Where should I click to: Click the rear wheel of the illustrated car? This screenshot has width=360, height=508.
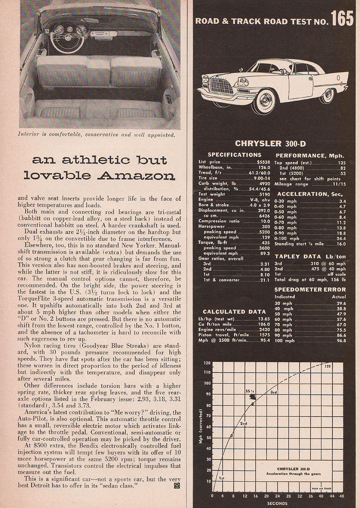[x=327, y=95]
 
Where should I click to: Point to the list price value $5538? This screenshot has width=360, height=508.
[x=263, y=162]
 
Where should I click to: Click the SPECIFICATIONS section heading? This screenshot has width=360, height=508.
[x=234, y=155]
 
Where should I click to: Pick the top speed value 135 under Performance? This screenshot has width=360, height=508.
[x=342, y=163]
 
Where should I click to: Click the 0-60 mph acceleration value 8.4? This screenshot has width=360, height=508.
[x=342, y=217]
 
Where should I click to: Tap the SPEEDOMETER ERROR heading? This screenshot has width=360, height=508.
[x=310, y=290]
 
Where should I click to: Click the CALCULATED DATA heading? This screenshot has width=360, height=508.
[x=234, y=311]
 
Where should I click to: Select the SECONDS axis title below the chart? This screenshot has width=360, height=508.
[x=277, y=503]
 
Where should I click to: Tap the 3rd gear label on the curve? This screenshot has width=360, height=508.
[x=274, y=392]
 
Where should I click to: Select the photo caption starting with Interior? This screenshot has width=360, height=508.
[x=96, y=134]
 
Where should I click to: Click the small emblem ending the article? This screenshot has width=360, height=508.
[x=178, y=486]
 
